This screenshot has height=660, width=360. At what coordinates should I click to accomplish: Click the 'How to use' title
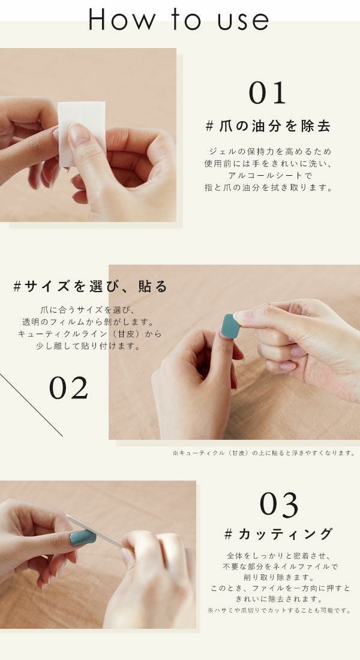click(x=179, y=20)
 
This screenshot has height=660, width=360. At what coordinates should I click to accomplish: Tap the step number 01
click(x=268, y=94)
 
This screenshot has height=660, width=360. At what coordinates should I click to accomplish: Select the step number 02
click(x=68, y=389)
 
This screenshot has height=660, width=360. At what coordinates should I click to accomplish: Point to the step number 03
click(x=278, y=505)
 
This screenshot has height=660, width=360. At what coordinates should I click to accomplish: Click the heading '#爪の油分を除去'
click(x=268, y=127)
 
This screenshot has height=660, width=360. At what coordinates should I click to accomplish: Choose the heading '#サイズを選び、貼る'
click(x=90, y=286)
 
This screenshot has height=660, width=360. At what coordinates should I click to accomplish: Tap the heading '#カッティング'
click(x=278, y=533)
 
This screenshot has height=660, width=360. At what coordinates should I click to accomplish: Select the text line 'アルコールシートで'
click(x=268, y=175)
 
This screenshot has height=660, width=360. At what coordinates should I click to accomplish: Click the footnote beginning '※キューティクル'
click(x=263, y=453)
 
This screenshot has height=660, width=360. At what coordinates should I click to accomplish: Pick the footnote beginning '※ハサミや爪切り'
click(x=278, y=610)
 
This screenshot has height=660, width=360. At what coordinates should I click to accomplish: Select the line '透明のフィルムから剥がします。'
click(x=90, y=322)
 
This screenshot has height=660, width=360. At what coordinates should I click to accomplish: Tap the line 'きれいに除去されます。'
click(x=278, y=599)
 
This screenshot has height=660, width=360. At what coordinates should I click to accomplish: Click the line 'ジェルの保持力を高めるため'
click(x=268, y=151)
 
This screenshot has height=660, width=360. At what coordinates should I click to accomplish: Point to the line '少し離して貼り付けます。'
click(x=90, y=346)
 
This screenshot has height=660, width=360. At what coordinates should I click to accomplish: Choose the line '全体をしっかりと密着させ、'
click(x=278, y=556)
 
